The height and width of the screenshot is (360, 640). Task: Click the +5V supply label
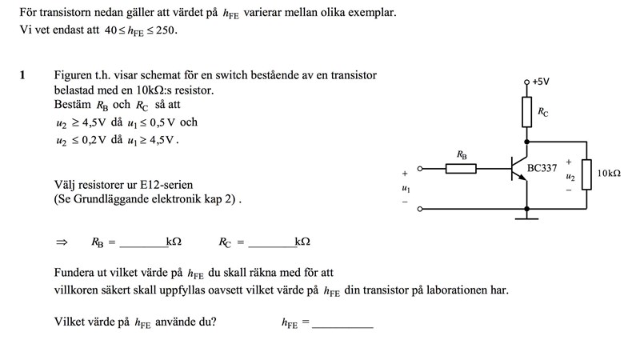pyautogui.click(x=541, y=82)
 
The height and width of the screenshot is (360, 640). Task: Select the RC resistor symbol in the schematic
pyautogui.click(x=526, y=112)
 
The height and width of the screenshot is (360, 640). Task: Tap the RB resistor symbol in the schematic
pyautogui.click(x=461, y=168)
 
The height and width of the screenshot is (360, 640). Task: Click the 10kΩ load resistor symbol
pyautogui.click(x=586, y=174)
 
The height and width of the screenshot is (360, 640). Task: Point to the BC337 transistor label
pyautogui.click(x=542, y=169)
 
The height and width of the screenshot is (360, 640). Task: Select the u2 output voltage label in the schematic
pyautogui.click(x=570, y=176)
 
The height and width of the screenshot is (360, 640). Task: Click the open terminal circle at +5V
pyautogui.click(x=526, y=82)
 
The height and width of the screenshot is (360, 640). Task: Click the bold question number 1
pyautogui.click(x=23, y=75)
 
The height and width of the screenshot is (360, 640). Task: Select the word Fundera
pyautogui.click(x=77, y=273)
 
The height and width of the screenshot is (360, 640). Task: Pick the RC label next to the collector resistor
pyautogui.click(x=543, y=113)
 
